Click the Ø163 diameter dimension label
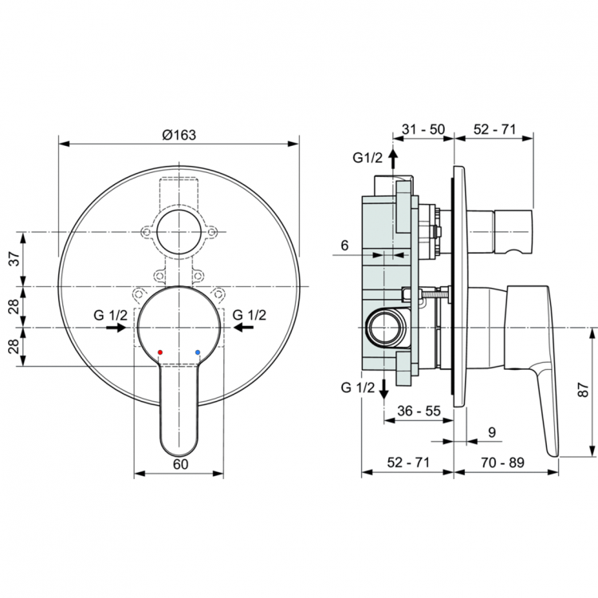(x=179, y=135)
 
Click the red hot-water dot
(x=160, y=351)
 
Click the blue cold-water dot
(x=197, y=351)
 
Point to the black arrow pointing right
(x=117, y=327)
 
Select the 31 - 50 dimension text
(x=423, y=128)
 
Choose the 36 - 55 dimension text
(x=419, y=411)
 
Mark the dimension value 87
(x=583, y=391)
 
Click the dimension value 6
(x=344, y=246)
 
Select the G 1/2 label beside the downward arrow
(x=357, y=388)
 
